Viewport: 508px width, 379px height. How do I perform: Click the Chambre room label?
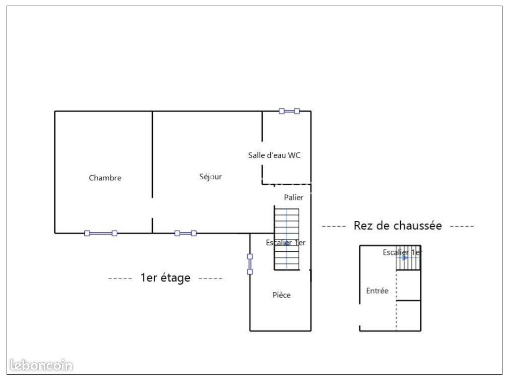pos(105,178)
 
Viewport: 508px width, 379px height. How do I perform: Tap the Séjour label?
pos(211,177)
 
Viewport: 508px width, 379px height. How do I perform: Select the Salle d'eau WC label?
pos(274,155)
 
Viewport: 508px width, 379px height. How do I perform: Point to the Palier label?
pos(294,197)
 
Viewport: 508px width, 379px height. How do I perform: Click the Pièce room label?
pos(281,295)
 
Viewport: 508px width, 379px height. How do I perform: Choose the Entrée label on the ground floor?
pos(377,291)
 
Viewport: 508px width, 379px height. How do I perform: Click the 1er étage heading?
pos(165,278)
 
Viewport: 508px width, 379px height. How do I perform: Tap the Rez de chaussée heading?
pos(398,226)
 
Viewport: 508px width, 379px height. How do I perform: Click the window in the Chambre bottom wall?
pos(101,233)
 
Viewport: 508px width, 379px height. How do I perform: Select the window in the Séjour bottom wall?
pos(185,233)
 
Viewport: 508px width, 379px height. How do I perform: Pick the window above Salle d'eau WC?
pos(289,111)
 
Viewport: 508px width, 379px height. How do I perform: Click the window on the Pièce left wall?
pos(250,264)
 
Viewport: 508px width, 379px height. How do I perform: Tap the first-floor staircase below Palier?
pos(286,239)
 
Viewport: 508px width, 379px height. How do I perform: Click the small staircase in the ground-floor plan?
pos(408,258)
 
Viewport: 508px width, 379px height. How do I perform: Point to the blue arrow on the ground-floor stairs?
pos(405,258)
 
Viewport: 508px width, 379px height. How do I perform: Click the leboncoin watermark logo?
pos(41,365)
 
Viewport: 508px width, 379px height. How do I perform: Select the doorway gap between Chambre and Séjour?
pos(152,208)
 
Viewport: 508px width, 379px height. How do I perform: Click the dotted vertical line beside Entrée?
pos(396,300)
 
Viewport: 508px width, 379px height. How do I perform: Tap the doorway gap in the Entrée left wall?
pos(360,315)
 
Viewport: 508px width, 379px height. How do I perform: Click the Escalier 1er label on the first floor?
pos(286,242)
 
